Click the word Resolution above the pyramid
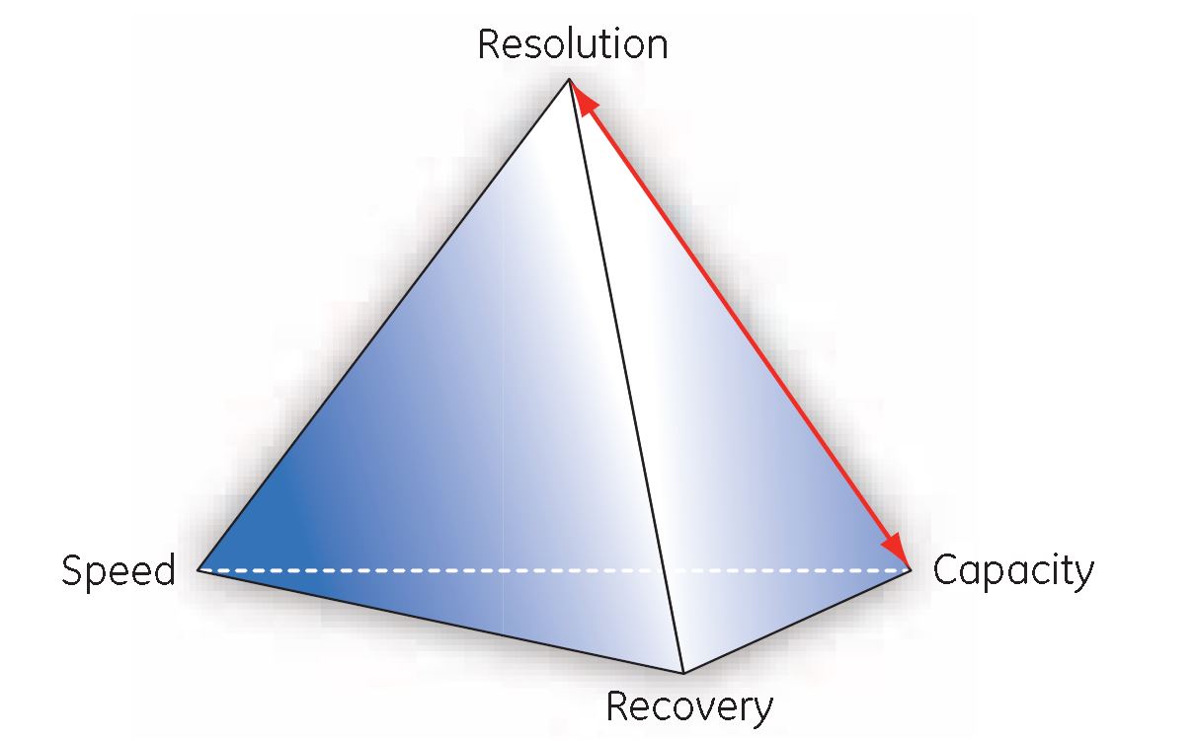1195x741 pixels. click(572, 44)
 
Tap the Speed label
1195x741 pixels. click(119, 571)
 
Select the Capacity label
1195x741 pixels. click(1013, 571)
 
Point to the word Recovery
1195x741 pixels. click(689, 706)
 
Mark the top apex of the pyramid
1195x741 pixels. click(570, 78)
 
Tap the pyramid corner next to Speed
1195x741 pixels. click(199, 570)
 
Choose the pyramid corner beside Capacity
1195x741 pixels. click(910, 570)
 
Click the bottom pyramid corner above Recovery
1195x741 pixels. click(683, 673)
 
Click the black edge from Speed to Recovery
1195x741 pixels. click(439, 622)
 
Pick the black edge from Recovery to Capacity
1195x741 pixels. click(796, 622)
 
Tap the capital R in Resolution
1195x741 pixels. click(489, 44)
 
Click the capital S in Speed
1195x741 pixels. click(71, 571)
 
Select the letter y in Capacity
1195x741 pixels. click(1084, 575)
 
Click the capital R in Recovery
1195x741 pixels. click(616, 706)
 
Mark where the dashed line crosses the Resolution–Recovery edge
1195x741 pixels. click(662, 570)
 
